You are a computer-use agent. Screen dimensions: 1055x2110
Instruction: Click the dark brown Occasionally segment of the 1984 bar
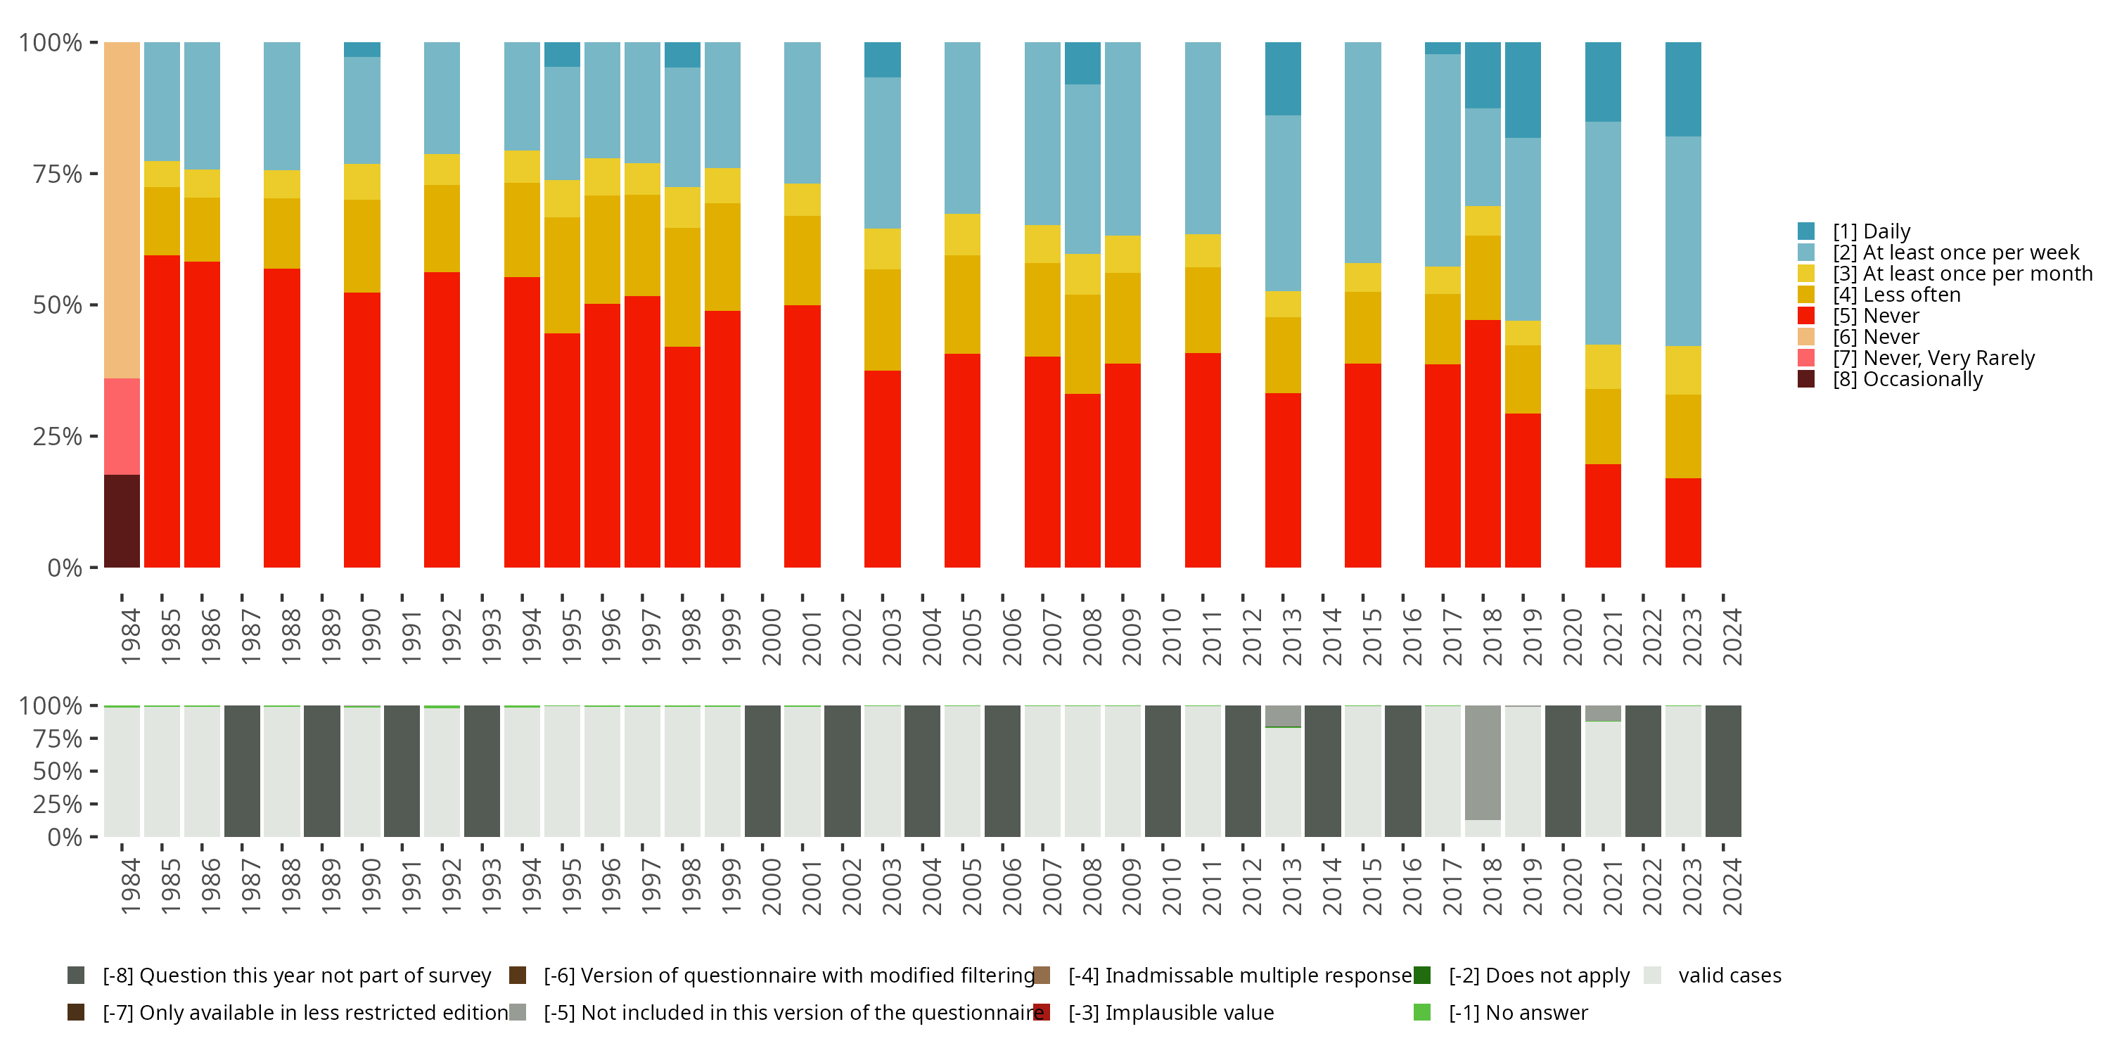point(122,521)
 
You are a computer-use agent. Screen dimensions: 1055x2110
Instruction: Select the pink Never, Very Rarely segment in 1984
point(122,426)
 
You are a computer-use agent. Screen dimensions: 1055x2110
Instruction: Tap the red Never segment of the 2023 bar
point(1683,523)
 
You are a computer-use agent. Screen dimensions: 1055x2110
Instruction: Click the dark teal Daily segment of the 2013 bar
point(1283,79)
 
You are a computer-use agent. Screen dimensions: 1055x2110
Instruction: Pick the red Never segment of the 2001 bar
point(802,436)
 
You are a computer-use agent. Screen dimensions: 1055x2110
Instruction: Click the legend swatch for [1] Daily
point(1806,231)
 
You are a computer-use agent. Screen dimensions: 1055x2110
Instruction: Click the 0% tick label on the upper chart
point(65,568)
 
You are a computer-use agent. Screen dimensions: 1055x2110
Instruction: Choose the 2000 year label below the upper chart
point(772,637)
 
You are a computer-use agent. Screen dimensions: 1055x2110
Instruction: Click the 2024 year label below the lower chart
point(1732,887)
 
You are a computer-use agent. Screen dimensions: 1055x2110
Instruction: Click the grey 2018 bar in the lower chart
point(1483,762)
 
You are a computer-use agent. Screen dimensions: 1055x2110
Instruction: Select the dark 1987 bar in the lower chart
point(243,771)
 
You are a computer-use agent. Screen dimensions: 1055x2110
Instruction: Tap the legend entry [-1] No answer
point(1517,1012)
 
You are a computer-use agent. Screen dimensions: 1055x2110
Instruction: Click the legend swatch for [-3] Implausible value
point(1042,1012)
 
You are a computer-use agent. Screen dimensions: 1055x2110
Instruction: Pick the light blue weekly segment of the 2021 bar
point(1603,234)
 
